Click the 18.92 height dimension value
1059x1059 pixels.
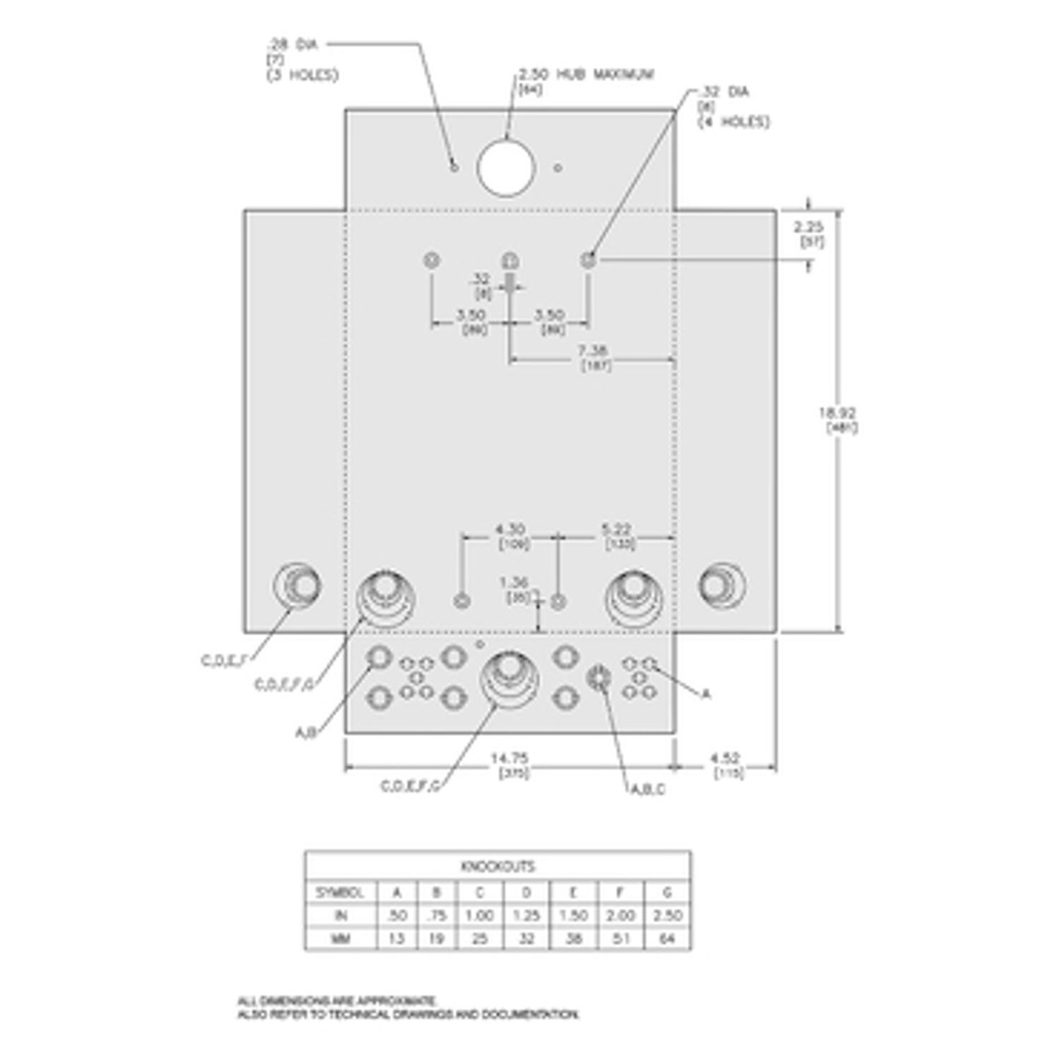click(836, 413)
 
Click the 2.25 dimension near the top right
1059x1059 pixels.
click(808, 226)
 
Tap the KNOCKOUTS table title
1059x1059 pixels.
click(498, 866)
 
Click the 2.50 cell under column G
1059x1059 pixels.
click(667, 916)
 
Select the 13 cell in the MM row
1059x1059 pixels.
click(396, 939)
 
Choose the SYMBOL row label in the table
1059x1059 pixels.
click(340, 892)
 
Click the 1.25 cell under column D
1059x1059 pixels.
click(526, 916)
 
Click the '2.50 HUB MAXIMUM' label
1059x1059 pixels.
click(586, 75)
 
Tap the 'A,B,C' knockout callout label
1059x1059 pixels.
click(647, 789)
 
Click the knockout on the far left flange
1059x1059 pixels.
click(297, 584)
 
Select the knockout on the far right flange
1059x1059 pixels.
click(722, 584)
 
